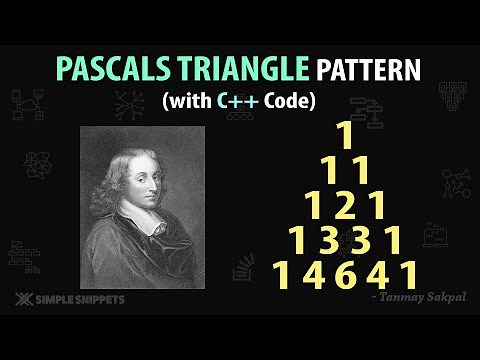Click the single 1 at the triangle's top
pyautogui.click(x=346, y=136)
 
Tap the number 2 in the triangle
pyautogui.click(x=346, y=206)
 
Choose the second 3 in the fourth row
pyautogui.click(x=363, y=241)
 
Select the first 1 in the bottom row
pyautogui.click(x=283, y=275)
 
